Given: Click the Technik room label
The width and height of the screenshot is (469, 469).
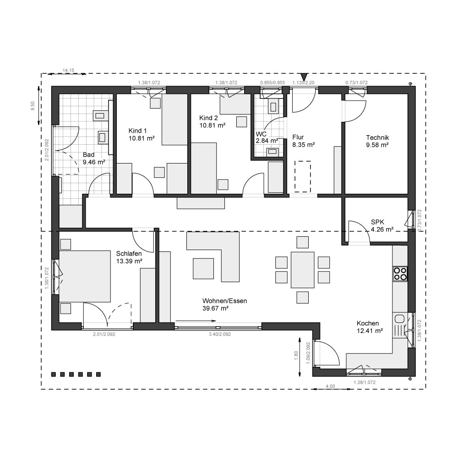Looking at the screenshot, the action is click(377, 137).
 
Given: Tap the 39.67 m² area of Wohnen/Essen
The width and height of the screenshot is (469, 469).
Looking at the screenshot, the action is click(215, 308).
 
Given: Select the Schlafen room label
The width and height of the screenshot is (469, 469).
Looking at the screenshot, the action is click(129, 254).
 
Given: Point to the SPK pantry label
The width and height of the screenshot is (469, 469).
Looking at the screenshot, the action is click(377, 222).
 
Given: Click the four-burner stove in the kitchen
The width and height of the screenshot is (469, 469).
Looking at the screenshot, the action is click(400, 274).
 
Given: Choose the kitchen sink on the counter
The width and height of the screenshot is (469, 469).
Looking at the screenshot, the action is click(399, 319).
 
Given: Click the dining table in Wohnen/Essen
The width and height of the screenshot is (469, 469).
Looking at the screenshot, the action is click(302, 270).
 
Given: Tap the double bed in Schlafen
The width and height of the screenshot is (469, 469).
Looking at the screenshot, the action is click(85, 276).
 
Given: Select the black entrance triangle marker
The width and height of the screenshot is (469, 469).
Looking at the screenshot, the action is click(304, 77).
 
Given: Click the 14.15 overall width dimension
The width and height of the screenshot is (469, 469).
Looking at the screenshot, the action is click(68, 70).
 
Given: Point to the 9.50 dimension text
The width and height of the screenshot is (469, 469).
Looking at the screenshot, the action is click(33, 106).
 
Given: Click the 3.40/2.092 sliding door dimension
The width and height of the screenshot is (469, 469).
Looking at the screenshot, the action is click(220, 334).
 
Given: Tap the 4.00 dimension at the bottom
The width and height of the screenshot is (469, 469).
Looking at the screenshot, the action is click(330, 386).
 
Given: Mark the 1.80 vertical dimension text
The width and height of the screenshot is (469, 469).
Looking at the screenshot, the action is click(296, 355).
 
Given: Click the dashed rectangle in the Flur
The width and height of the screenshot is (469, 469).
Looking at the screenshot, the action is click(303, 176).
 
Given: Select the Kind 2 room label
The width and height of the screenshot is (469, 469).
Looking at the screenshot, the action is click(208, 118).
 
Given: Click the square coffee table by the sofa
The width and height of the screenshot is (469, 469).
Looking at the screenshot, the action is click(203, 268).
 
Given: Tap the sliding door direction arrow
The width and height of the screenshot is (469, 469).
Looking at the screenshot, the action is click(196, 321).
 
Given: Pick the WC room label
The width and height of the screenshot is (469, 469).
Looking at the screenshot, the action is click(261, 134).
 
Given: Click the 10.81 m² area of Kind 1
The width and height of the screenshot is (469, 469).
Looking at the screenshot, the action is click(142, 138).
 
